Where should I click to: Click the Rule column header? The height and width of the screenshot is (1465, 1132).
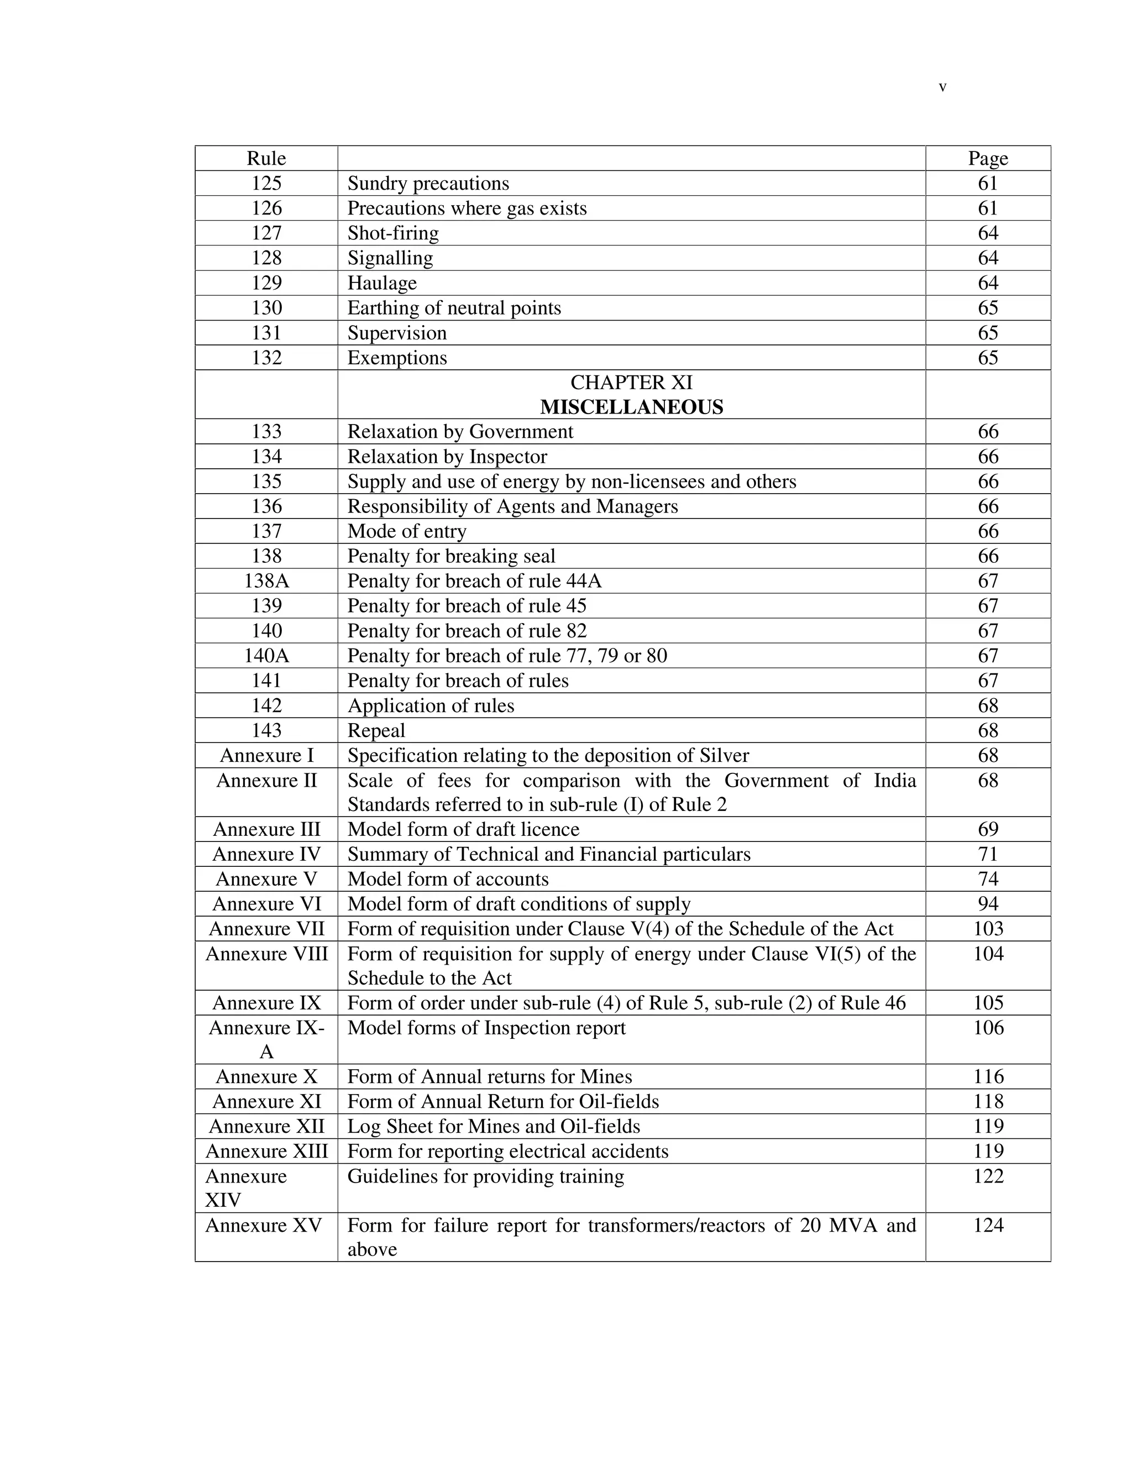click(x=266, y=158)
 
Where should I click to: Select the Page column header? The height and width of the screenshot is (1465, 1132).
click(x=987, y=158)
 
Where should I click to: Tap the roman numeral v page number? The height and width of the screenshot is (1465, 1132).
click(x=942, y=87)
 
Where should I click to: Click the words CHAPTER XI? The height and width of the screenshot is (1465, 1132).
click(x=631, y=383)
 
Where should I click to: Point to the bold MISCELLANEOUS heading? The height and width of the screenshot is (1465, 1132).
click(x=631, y=407)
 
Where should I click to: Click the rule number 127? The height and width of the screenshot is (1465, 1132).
click(x=266, y=233)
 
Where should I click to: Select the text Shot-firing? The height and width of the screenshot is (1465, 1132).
click(x=393, y=233)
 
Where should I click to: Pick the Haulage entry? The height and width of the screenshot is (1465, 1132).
click(x=381, y=282)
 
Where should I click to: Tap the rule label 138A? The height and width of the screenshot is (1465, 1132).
click(x=266, y=581)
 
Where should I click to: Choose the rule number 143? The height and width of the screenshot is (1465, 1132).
click(x=266, y=730)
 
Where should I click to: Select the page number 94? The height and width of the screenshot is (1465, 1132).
click(x=987, y=903)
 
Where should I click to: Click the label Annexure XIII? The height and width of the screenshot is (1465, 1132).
click(x=266, y=1151)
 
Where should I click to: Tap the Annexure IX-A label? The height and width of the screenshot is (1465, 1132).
click(x=266, y=1039)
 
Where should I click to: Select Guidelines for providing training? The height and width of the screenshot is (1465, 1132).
click(x=485, y=1176)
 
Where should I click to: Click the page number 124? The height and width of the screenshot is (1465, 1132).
click(x=987, y=1225)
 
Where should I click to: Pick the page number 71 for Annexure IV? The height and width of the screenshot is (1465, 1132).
click(x=987, y=854)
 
